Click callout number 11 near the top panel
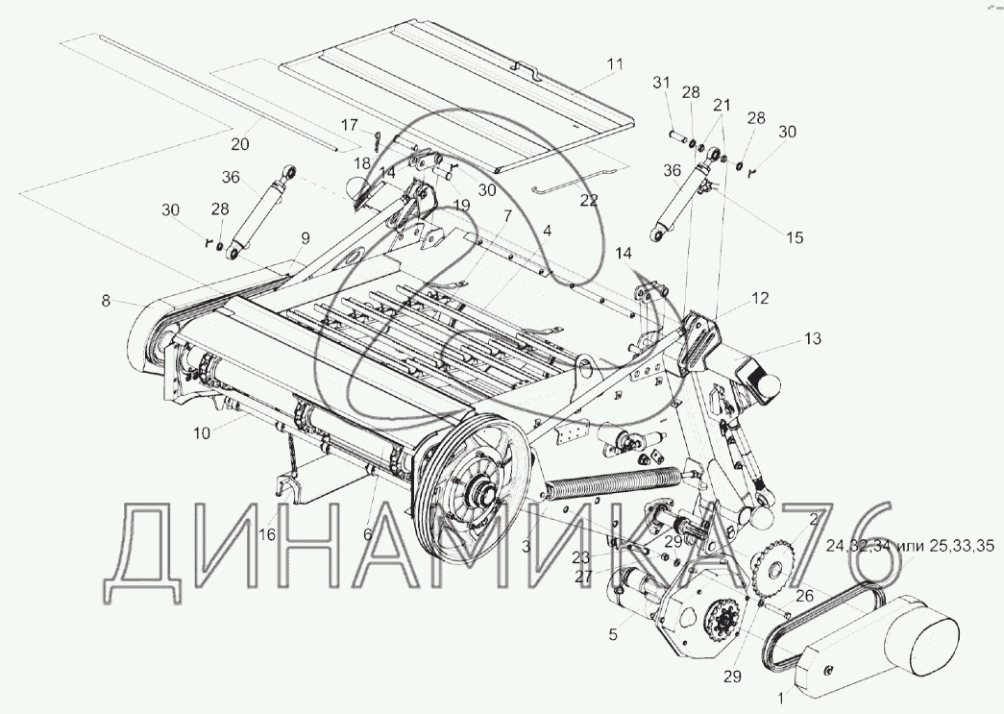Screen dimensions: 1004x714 tap(614, 64)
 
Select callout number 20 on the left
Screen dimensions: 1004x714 tap(240, 144)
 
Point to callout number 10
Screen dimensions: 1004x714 tap(201, 433)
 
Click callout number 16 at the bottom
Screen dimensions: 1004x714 tap(266, 534)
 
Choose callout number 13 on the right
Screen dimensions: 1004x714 tap(813, 338)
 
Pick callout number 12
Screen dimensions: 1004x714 tap(760, 299)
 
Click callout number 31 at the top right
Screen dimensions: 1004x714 tap(660, 83)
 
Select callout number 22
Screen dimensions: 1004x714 tap(588, 200)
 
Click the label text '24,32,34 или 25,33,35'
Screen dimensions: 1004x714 tap(910, 546)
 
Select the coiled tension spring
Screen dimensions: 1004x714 tap(615, 480)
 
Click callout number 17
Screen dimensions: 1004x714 tap(349, 125)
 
